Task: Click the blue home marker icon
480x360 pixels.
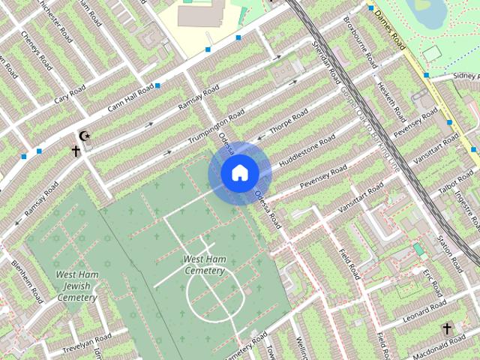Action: point(239,172)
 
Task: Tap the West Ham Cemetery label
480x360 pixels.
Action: point(204,265)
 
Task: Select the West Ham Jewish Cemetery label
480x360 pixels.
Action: point(76,286)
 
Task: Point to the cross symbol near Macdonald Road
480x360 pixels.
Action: point(447,328)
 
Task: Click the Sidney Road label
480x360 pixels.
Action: point(466,76)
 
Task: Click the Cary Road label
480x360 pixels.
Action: point(72,95)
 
